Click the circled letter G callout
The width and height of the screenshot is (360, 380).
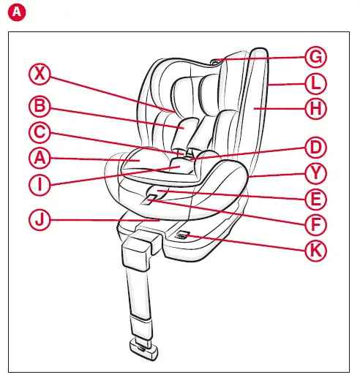[x=315, y=57]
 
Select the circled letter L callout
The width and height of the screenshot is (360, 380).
[x=315, y=83]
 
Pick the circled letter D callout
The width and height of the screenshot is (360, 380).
[x=315, y=148]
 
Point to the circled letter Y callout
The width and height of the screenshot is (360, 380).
[x=315, y=174]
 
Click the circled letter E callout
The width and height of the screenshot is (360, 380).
[x=315, y=199]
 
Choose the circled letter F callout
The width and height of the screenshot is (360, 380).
[x=315, y=224]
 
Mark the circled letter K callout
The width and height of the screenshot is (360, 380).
[x=315, y=249]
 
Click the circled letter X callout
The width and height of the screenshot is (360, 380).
[x=40, y=74]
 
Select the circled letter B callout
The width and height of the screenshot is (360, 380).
[x=40, y=107]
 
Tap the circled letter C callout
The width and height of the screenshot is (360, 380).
[x=40, y=133]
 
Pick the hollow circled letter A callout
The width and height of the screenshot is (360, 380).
[x=40, y=157]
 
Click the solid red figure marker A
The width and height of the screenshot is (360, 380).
[x=9, y=10]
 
